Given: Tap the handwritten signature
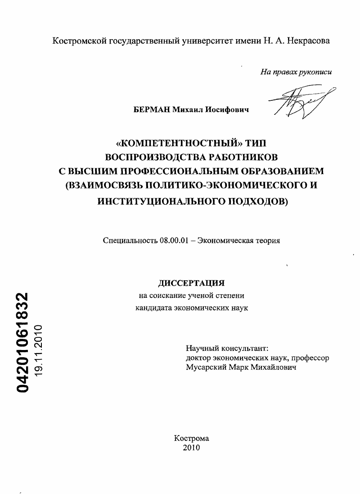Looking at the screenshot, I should pyautogui.click(x=301, y=102).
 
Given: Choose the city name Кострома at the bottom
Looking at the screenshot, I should pyautogui.click(x=191, y=439).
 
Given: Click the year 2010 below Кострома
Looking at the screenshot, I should pyautogui.click(x=191, y=448).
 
